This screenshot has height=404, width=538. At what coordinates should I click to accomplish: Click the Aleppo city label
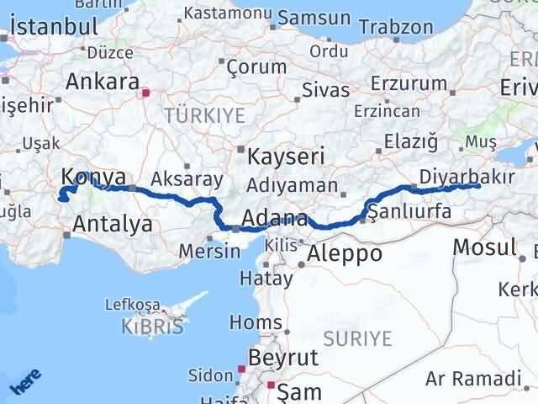pos(345,253)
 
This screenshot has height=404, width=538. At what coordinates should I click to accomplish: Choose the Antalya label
pos(112,225)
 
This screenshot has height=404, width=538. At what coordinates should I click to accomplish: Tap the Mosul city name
pos(483,247)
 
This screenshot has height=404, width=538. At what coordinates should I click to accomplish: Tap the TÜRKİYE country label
pos(204,115)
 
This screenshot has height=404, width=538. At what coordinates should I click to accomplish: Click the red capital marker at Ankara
pos(145,93)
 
